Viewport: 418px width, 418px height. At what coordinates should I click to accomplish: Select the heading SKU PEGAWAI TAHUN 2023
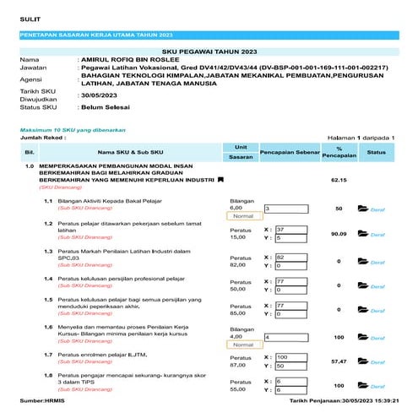209,52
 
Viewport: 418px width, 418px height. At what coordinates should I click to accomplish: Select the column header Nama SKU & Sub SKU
123,152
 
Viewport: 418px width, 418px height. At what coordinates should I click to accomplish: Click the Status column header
377,152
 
